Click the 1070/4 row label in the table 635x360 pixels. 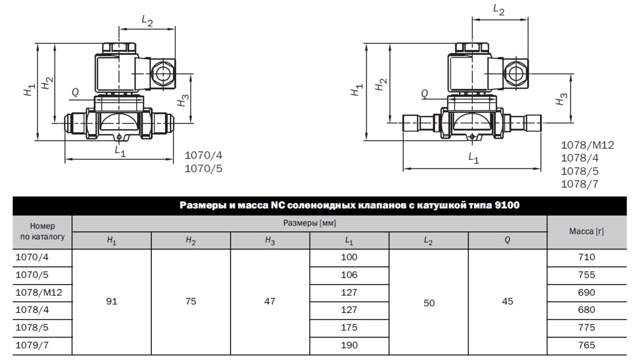(x=32, y=257)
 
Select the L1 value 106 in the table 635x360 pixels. (x=349, y=275)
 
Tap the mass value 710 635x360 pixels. (x=586, y=257)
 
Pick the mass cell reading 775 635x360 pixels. (x=586, y=327)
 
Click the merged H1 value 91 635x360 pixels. (x=111, y=301)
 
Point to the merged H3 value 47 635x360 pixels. (x=270, y=301)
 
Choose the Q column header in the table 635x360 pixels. (x=507, y=240)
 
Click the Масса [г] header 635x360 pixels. (x=586, y=231)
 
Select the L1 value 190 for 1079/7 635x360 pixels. (x=349, y=345)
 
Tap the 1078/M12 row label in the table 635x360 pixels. (x=38, y=292)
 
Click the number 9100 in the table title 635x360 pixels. (x=507, y=205)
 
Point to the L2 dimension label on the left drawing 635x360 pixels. (x=147, y=20)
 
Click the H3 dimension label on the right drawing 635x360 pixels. (x=561, y=99)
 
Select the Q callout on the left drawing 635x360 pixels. (x=75, y=92)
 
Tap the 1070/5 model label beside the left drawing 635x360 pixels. (x=204, y=169)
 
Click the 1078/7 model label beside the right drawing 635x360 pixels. (x=580, y=184)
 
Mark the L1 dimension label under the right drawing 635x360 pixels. (x=473, y=158)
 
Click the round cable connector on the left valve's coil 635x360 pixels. (x=163, y=74)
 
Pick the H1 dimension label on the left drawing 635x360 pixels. (x=29, y=90)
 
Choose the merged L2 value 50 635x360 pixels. (x=429, y=303)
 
